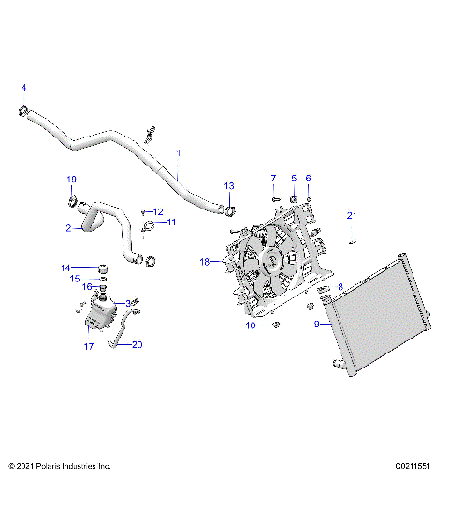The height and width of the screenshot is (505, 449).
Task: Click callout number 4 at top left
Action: (x=24, y=87)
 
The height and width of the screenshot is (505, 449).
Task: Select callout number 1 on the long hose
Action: (x=179, y=152)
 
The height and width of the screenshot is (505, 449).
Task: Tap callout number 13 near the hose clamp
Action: (x=229, y=185)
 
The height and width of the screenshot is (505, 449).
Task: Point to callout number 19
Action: (x=71, y=179)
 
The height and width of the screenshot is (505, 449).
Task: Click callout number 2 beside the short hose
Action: (x=68, y=227)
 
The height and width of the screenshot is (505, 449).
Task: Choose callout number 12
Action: (x=158, y=212)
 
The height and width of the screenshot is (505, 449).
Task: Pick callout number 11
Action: (x=171, y=223)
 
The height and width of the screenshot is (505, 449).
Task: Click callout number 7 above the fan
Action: (x=273, y=178)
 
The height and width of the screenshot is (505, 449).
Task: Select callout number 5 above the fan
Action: (x=293, y=178)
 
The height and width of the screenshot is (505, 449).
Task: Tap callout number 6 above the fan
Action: (x=309, y=178)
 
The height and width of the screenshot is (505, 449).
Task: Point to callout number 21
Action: (x=352, y=216)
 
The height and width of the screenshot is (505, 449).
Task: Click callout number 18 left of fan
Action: (x=204, y=263)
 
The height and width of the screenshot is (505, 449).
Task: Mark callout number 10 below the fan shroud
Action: (x=250, y=325)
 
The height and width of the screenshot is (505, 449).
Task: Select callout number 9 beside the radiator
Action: (x=316, y=325)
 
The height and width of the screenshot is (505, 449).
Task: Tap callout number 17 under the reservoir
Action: (x=89, y=346)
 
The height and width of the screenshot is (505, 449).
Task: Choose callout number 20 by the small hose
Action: (x=138, y=344)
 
